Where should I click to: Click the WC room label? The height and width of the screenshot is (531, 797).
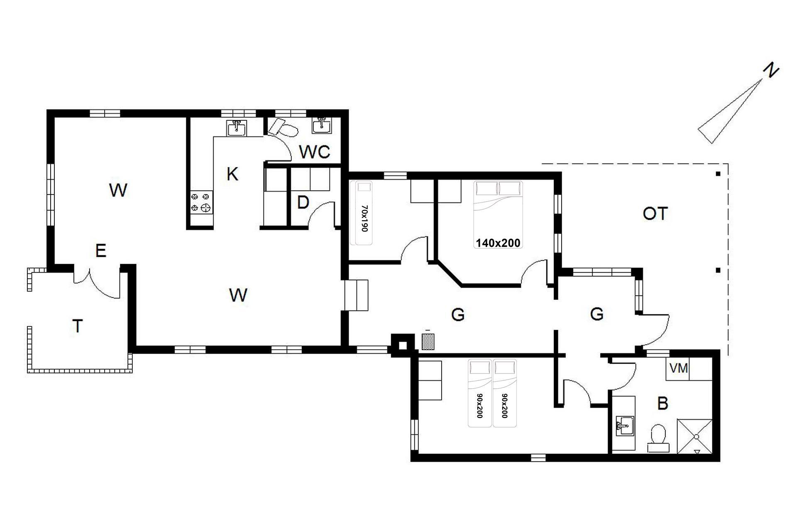(x=315, y=152)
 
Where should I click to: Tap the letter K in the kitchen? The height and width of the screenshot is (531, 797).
(x=232, y=174)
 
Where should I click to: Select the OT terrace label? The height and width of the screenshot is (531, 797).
(x=655, y=214)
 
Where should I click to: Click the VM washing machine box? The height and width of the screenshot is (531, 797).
(x=679, y=368)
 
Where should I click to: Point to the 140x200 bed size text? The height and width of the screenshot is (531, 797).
(x=498, y=243)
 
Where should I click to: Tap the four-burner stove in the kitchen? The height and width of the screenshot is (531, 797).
(x=201, y=202)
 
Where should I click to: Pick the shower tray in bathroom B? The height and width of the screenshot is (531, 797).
(x=695, y=436)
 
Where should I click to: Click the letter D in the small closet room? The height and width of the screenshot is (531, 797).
(x=303, y=203)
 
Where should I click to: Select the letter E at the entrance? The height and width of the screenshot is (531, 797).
(x=100, y=251)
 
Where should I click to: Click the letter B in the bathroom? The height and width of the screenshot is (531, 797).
(x=663, y=403)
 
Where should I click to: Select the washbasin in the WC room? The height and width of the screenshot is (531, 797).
(x=322, y=126)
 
